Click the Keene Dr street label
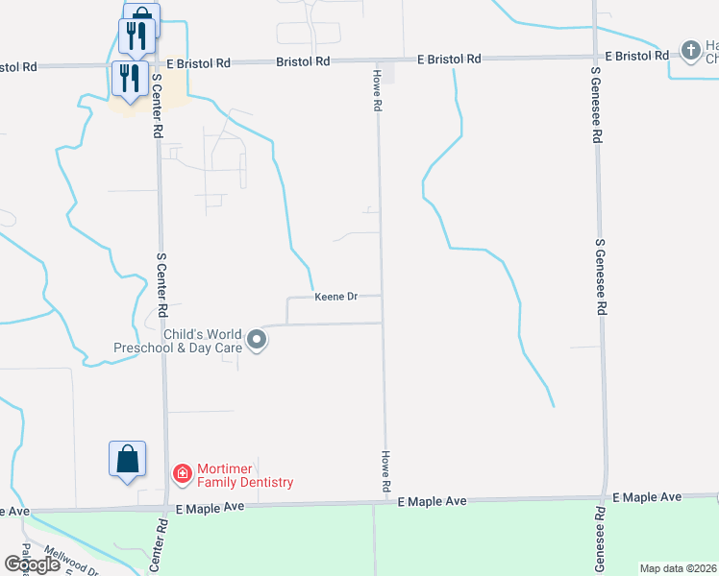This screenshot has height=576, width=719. pyautogui.click(x=335, y=298)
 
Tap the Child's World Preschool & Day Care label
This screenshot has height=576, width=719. pyautogui.click(x=177, y=342)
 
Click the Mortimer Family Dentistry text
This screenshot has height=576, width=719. pyautogui.click(x=244, y=476)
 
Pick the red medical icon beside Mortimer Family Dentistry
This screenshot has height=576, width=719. pyautogui.click(x=181, y=473)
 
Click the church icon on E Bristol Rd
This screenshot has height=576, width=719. pyautogui.click(x=689, y=50)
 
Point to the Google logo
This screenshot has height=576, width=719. pyautogui.click(x=32, y=564)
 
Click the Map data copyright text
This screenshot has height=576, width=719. pyautogui.click(x=679, y=568)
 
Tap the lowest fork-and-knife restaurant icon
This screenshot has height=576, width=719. pyautogui.click(x=127, y=78)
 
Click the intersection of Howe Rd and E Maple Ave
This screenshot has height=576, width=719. pyautogui.click(x=387, y=501)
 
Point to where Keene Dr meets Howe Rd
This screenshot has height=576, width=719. pyautogui.click(x=382, y=297)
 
